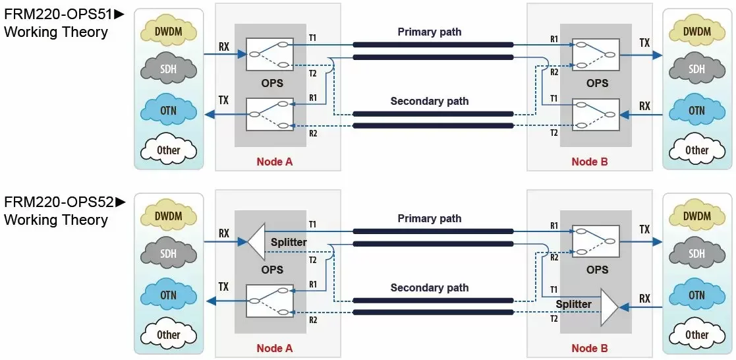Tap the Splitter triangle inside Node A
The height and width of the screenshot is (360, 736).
click(256, 241)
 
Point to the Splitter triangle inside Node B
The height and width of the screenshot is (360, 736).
click(609, 307)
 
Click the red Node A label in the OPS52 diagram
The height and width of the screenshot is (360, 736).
click(275, 349)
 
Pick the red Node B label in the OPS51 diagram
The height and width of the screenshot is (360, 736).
click(590, 162)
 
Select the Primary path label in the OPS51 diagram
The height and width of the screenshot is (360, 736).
click(430, 32)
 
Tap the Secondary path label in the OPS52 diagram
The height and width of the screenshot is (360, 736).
click(430, 287)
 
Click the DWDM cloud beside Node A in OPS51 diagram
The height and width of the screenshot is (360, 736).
click(169, 32)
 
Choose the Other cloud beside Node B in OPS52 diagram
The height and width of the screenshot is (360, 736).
click(696, 335)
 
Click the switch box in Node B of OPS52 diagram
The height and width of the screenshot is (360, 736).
click(596, 241)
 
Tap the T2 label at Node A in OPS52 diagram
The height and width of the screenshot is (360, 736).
click(312, 260)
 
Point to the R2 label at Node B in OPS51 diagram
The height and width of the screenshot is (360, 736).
click(554, 73)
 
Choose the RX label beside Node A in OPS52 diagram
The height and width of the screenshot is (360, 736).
click(224, 233)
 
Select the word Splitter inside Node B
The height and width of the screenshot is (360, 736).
click(574, 304)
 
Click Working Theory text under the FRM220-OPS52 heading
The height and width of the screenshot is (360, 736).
click(56, 220)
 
